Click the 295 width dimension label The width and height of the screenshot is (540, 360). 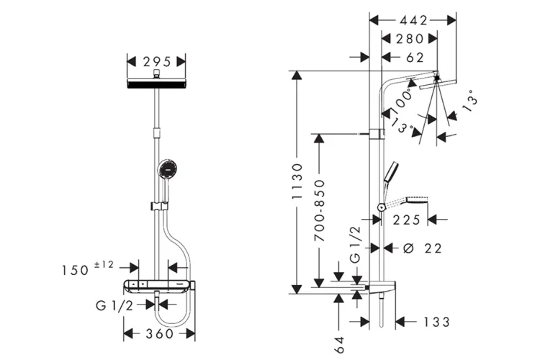pos(157,60)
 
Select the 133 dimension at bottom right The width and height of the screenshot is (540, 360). pos(431,321)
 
